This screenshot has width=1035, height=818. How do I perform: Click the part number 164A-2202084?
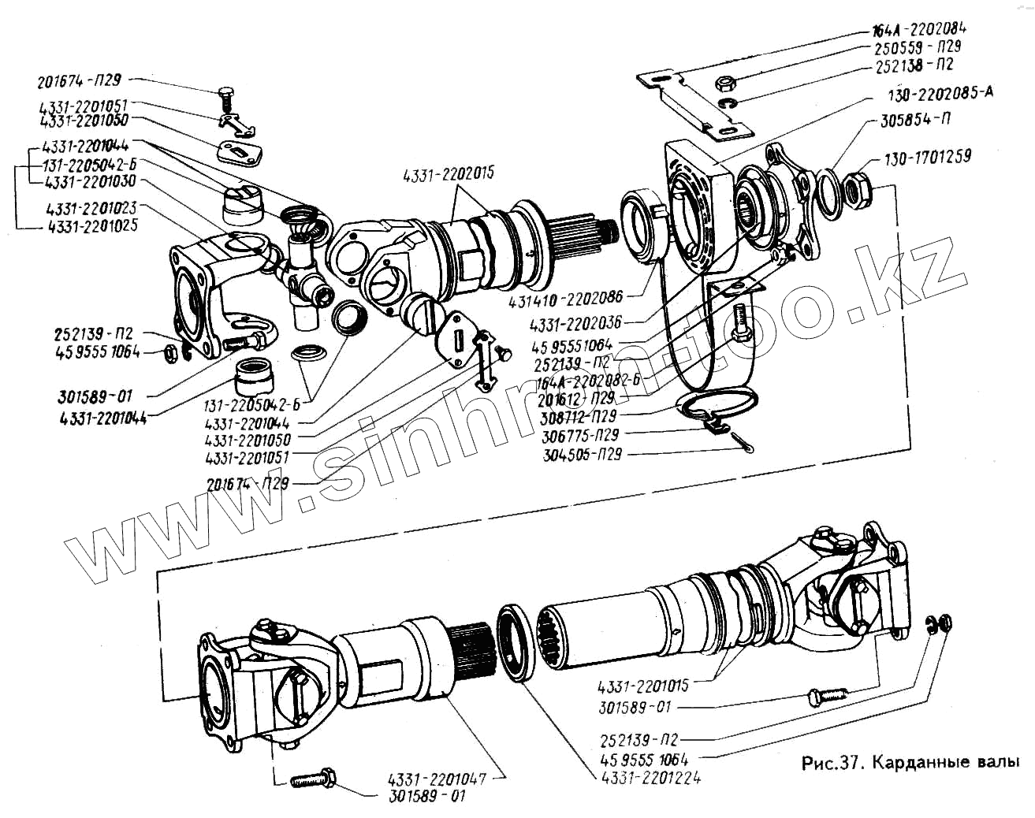(919, 30)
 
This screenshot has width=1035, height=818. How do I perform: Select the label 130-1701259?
(927, 158)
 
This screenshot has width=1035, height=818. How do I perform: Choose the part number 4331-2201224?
(651, 778)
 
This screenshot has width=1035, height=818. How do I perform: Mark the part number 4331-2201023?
(91, 209)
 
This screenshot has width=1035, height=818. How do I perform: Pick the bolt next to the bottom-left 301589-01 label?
(314, 780)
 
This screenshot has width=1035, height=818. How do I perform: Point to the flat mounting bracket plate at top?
(694, 99)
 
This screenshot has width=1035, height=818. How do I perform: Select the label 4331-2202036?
(575, 323)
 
